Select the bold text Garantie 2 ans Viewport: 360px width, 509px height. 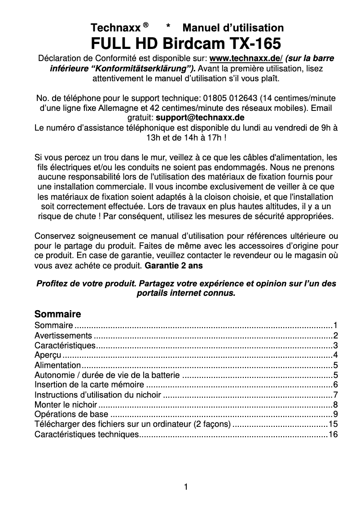174,265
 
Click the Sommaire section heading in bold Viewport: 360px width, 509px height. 57,313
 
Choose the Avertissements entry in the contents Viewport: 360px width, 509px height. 63,336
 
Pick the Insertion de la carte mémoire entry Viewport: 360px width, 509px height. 89,385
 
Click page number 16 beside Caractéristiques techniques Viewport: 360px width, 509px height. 333,434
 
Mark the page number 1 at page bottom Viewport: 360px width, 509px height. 186,486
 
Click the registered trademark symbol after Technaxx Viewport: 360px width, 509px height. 145,25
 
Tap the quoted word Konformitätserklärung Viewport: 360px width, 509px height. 143,69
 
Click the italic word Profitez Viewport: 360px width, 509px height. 51,284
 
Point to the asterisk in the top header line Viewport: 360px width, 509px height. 168,27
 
